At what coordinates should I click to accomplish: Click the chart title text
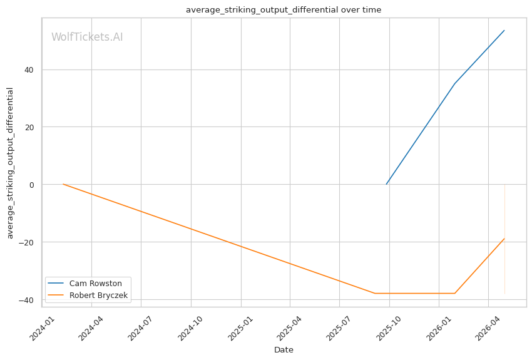pos(284,10)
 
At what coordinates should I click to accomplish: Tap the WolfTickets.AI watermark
pos(87,37)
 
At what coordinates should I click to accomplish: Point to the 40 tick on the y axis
pos(29,70)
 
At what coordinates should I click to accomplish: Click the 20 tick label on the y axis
pos(29,127)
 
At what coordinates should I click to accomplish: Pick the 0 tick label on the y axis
pos(31,185)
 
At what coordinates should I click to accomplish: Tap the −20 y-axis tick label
pos(26,242)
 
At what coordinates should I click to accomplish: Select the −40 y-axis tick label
pos(26,300)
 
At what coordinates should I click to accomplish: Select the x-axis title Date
pos(284,350)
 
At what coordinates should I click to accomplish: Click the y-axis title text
pos(10,163)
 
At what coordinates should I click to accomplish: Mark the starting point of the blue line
pos(386,184)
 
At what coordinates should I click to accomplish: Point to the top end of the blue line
pos(504,30)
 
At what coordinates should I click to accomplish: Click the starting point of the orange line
pos(63,184)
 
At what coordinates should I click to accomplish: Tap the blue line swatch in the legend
pos(56,283)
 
